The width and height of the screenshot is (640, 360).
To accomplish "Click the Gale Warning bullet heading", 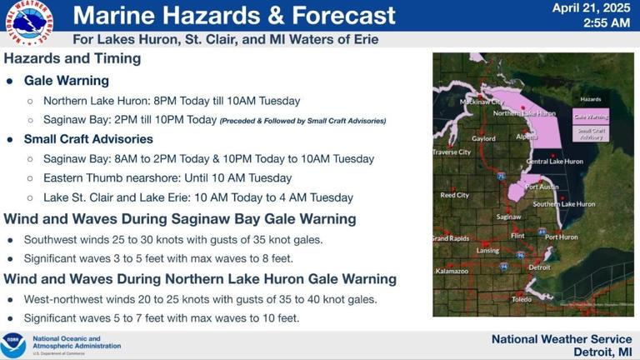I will click(67, 81).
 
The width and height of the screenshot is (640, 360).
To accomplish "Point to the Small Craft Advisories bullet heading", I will click(88, 139).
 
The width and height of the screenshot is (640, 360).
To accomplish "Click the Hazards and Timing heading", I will click(72, 59).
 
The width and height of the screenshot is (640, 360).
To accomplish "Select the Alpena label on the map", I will click(527, 137).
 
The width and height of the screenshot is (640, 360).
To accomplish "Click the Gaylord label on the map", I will click(483, 139).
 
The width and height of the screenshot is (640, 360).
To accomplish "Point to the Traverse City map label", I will click(452, 152).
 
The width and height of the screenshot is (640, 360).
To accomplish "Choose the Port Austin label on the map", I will click(542, 187).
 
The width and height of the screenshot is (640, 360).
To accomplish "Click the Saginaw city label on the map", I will click(508, 217).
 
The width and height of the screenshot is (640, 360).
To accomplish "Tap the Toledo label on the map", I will click(522, 299).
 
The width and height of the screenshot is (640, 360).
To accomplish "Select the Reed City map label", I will click(454, 195).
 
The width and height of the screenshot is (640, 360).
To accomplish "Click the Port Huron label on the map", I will click(562, 237).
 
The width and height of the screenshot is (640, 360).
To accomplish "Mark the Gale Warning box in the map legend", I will click(591, 117).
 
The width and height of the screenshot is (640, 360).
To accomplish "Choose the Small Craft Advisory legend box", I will click(591, 133).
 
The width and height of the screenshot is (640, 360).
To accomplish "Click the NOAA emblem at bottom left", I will click(13, 345).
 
